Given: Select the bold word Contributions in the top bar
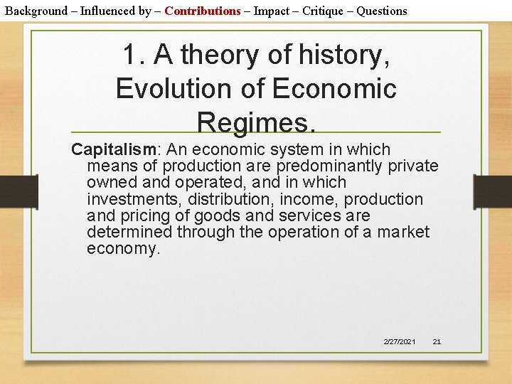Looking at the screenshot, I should coord(203,11).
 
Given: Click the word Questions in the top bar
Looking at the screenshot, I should coord(382,11).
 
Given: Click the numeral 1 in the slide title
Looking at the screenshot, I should coord(130,55).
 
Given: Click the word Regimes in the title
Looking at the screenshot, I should coord(256,122).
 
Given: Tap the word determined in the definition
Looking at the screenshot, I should coord(129,232).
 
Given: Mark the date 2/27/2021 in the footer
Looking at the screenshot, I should coord(400,342).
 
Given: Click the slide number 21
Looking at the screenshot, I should coord(437,342).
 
